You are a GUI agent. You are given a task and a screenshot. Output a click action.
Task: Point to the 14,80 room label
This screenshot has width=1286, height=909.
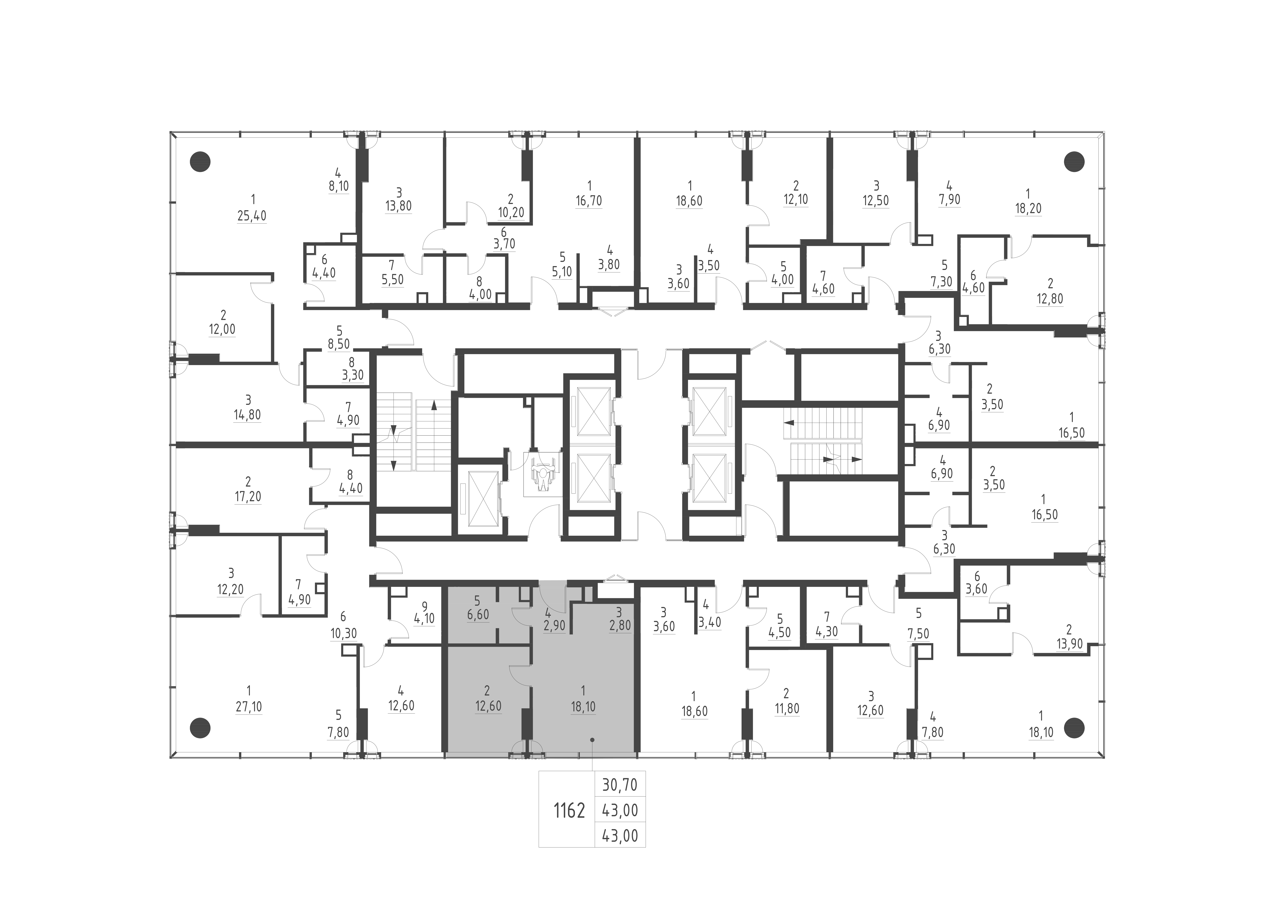(x=247, y=415)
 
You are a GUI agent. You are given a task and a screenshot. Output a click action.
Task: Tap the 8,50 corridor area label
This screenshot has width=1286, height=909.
(x=339, y=344)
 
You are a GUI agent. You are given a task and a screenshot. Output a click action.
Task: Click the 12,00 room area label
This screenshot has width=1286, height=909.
(x=222, y=329)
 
